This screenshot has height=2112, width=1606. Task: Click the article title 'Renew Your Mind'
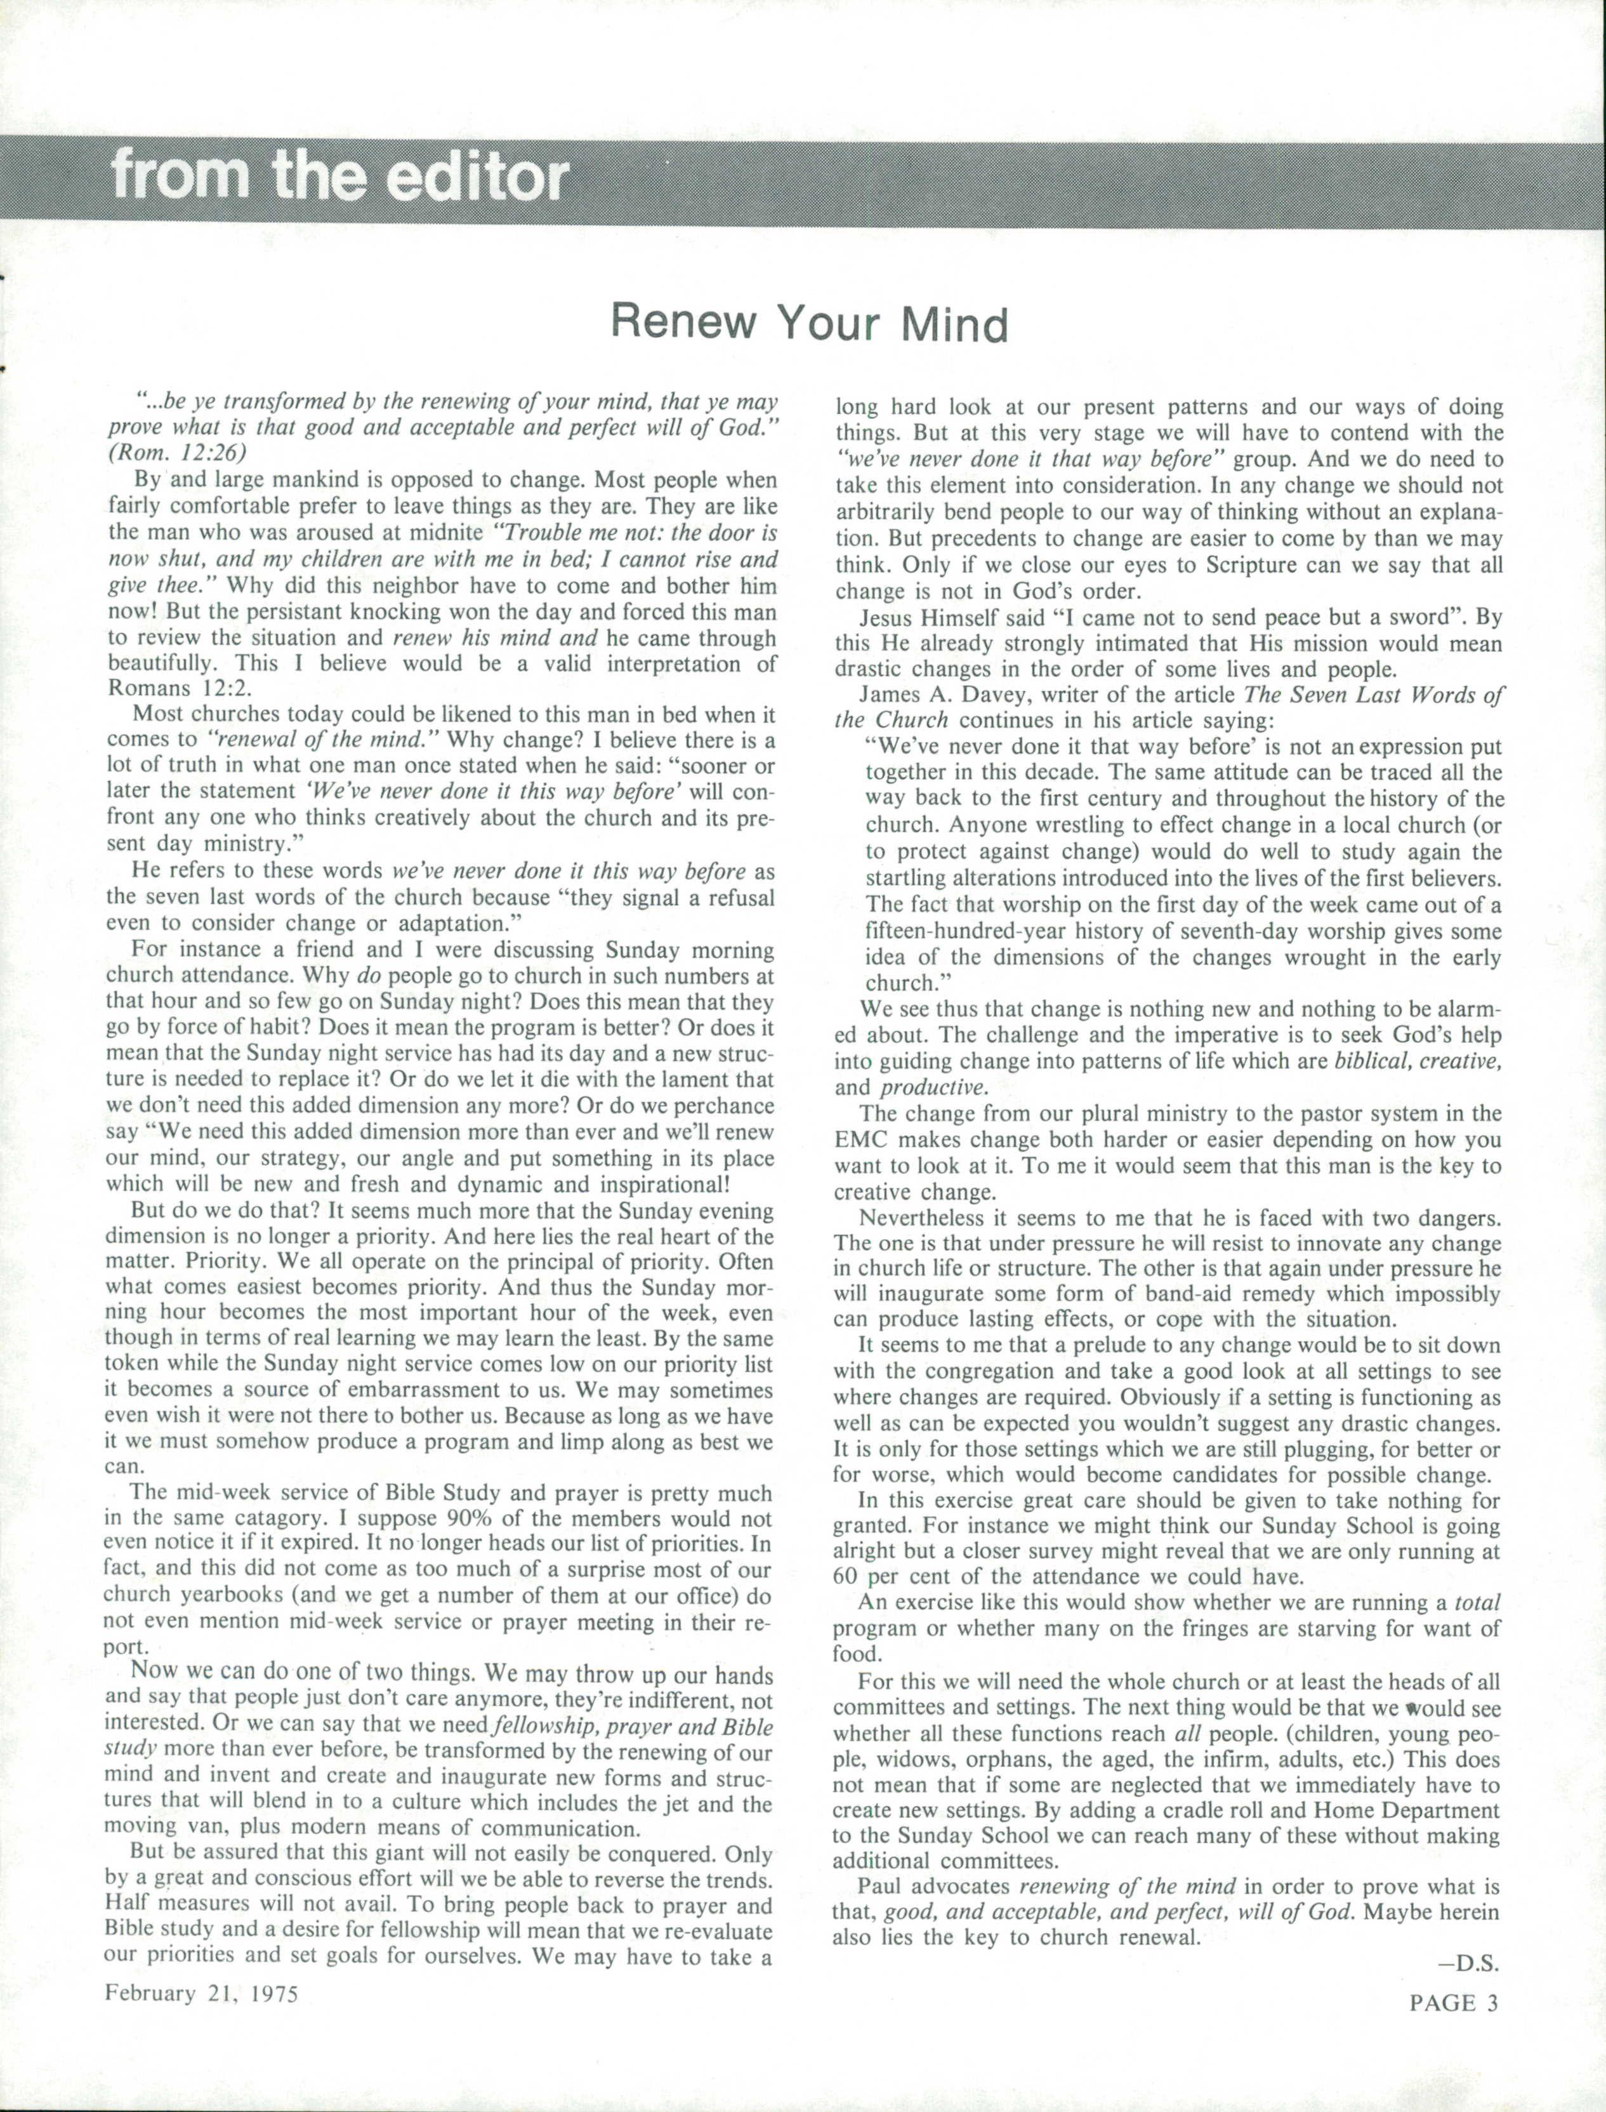coord(810,324)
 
